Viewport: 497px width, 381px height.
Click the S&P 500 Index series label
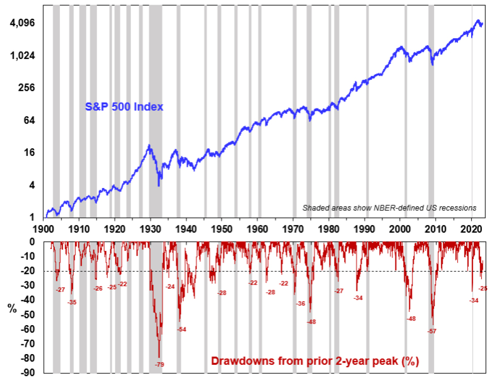click(x=123, y=107)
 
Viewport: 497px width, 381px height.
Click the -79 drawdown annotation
click(x=159, y=364)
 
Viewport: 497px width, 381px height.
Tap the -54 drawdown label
click(x=181, y=330)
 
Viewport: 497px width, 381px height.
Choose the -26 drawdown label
click(x=98, y=289)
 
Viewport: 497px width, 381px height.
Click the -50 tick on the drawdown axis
click(x=28, y=314)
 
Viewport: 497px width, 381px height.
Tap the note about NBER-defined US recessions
click(x=389, y=208)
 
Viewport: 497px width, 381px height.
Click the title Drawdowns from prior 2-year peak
click(x=314, y=362)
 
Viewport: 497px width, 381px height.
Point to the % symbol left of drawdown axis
click(x=12, y=307)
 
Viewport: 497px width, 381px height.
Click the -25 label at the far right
click(x=483, y=289)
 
